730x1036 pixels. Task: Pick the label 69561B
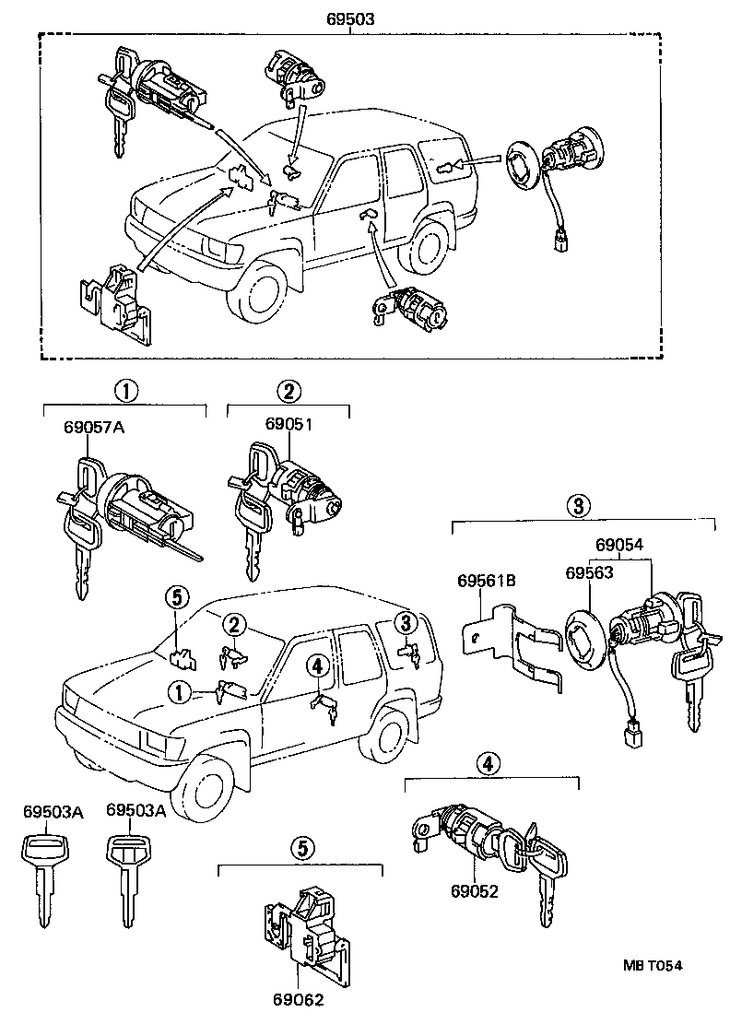(x=486, y=581)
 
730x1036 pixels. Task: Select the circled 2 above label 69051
(x=288, y=391)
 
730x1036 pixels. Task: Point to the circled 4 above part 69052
(x=488, y=763)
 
